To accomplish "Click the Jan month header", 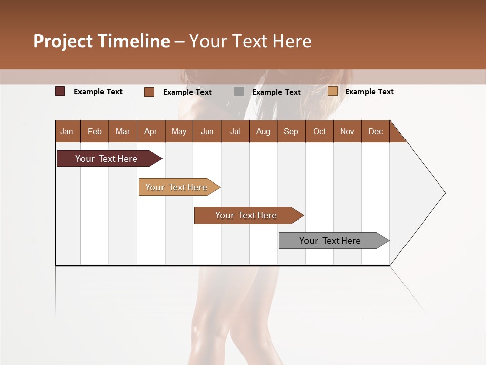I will pos(67,131).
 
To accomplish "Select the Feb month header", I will pos(95,131).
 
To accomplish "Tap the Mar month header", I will pos(123,131).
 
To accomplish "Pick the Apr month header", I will pos(150,131).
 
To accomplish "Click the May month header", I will pos(179,131).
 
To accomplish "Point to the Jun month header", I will pos(207,131).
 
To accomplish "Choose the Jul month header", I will pos(235,131).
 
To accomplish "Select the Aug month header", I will pos(263,131).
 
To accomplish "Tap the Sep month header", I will pos(291,131).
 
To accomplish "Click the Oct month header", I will pos(319,131).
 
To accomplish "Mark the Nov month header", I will pos(347,131).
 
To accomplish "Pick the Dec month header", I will pos(375,131).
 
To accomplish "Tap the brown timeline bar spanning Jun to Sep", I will pos(247,215).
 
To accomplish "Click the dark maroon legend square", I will pos(60,91).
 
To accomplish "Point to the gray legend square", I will pos(239,92).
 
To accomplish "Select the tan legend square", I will pos(333,91).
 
